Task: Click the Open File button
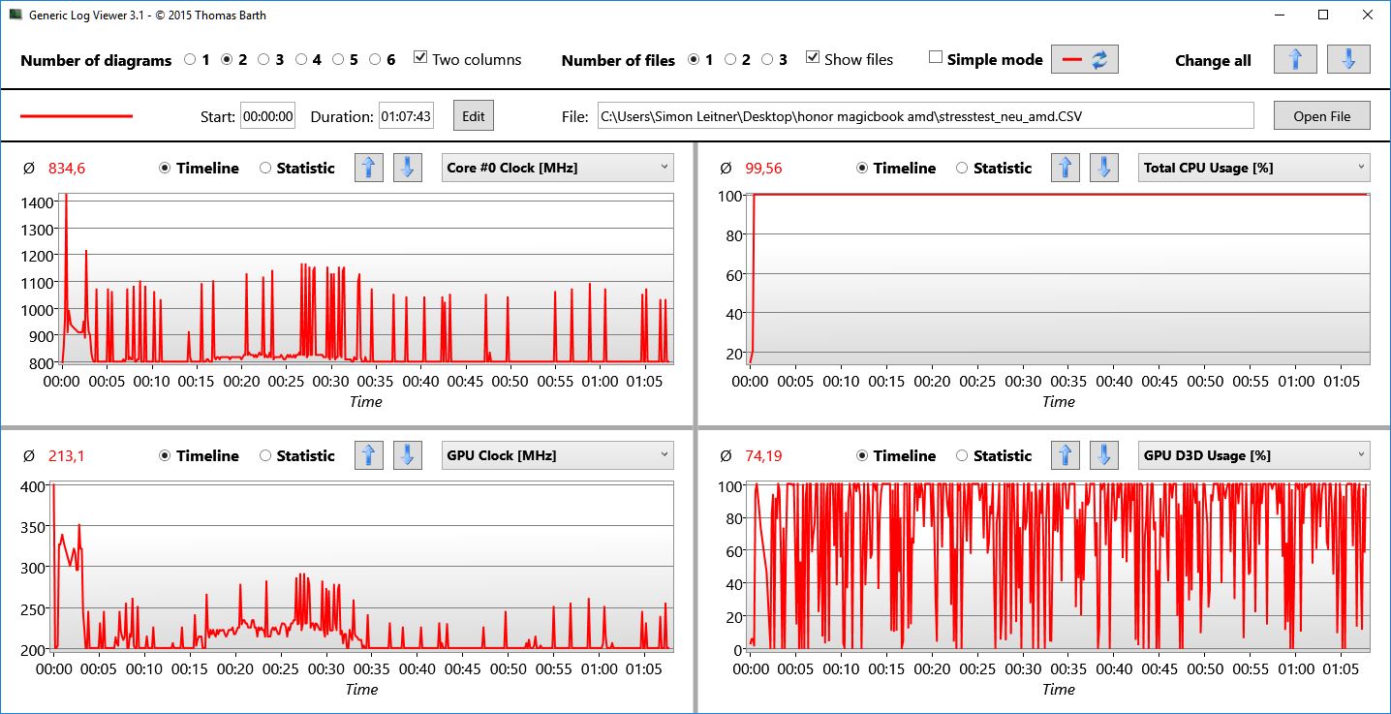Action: click(1321, 116)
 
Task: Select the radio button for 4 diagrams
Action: click(301, 59)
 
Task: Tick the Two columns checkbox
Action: click(420, 58)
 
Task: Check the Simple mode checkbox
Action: click(935, 58)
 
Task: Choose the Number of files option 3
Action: click(767, 59)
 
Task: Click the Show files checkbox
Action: click(813, 58)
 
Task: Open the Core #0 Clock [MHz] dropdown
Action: click(557, 168)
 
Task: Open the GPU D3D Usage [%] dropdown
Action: click(1253, 455)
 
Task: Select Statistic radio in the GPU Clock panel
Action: click(265, 455)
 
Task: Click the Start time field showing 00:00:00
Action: click(267, 116)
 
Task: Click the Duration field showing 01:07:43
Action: click(406, 116)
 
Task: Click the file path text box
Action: click(925, 116)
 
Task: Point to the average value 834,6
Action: click(67, 169)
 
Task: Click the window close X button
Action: click(1366, 15)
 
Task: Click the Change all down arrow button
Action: click(1348, 59)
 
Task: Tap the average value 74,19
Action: click(764, 456)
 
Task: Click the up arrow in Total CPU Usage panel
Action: click(1066, 168)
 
